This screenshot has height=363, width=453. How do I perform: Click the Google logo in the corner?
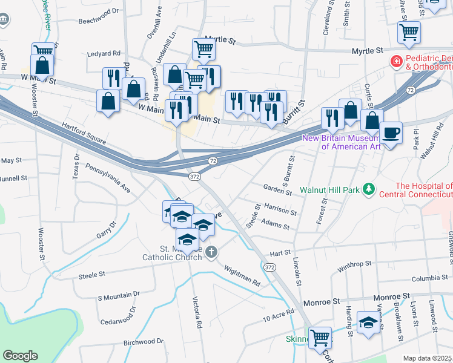(21, 356)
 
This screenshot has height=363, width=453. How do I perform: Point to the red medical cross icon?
(395, 62)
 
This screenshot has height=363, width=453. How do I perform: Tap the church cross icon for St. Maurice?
(211, 252)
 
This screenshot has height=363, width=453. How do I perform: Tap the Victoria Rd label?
(197, 312)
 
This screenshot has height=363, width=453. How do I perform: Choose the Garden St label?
(277, 189)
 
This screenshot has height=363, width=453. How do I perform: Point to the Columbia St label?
(432, 278)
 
